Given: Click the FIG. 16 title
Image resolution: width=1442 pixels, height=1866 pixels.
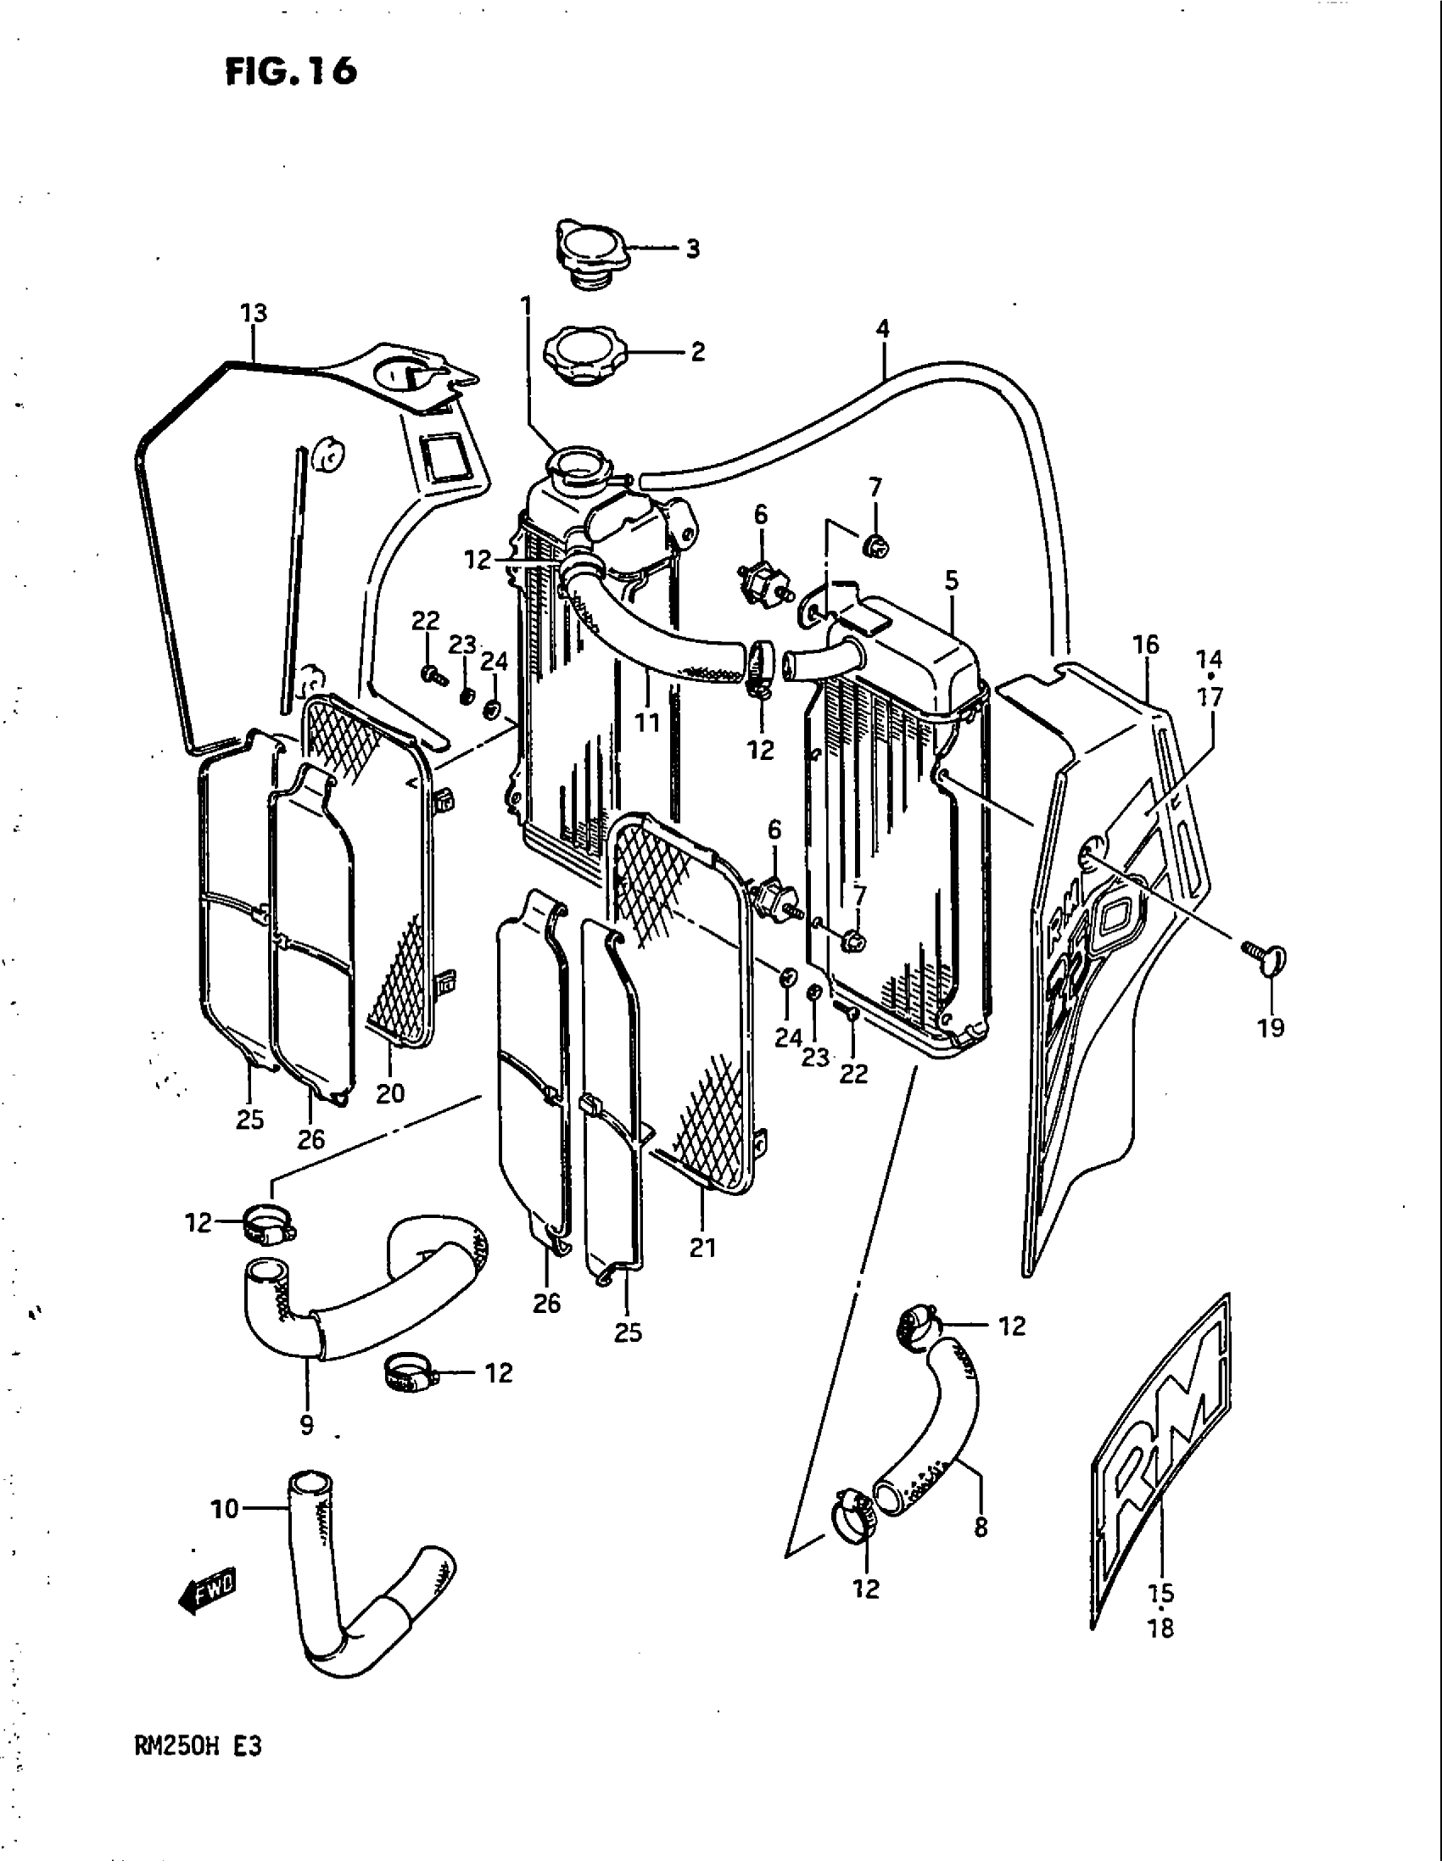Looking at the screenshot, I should point(290,72).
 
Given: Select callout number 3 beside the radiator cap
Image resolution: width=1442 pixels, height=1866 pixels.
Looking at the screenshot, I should point(692,249).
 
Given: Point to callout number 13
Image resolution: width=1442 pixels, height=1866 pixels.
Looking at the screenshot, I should point(254,314).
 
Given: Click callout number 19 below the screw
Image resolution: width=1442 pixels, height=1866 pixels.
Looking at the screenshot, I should point(1271,1027).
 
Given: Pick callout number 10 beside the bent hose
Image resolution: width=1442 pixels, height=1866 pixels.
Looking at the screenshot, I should point(225,1510).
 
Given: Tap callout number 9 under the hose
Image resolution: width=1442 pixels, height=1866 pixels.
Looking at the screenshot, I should point(307,1424).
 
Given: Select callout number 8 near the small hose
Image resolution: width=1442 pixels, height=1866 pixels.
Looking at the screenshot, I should point(981,1527).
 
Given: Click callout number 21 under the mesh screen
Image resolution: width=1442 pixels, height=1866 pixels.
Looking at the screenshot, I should point(702,1248).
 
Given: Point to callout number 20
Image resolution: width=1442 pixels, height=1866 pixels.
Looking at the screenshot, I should point(390,1092).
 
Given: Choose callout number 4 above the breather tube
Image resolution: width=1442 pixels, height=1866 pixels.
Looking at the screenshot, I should point(882,328).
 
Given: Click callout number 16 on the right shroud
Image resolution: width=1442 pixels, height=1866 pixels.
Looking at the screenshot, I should point(1146,645).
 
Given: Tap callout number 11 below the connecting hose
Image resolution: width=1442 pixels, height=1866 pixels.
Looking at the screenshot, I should point(646,723).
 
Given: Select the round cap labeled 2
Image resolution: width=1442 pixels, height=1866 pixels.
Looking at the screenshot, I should point(584,353).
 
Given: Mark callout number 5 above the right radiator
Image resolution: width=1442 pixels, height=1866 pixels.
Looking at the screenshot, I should point(952,581).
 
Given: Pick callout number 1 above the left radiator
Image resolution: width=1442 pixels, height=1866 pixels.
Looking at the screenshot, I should point(525,305).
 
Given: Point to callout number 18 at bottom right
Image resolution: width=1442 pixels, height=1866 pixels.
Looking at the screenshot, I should point(1162,1629).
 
